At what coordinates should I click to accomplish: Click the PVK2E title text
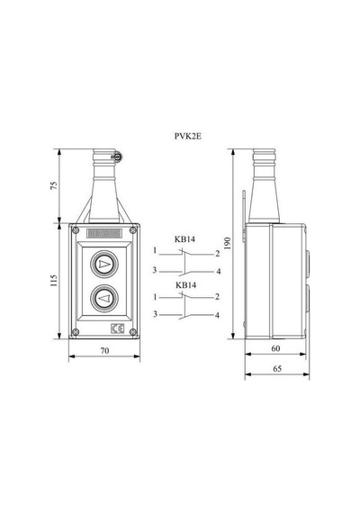click(x=188, y=136)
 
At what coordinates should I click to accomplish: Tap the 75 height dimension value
click(x=54, y=185)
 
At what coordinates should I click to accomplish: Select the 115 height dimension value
click(x=54, y=281)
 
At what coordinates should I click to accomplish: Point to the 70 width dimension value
click(x=104, y=351)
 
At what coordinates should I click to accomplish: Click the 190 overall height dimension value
click(x=228, y=243)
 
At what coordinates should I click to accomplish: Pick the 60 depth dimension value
click(x=275, y=349)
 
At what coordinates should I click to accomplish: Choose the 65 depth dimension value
click(x=277, y=369)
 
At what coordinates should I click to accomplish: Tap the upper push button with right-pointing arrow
click(x=104, y=264)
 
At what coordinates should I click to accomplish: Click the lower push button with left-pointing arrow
click(x=104, y=298)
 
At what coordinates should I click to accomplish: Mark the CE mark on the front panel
click(x=118, y=328)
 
